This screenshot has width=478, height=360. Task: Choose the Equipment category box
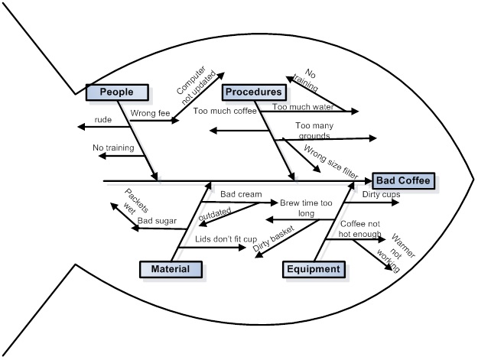click(x=314, y=269)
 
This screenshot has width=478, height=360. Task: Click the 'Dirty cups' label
click(x=381, y=194)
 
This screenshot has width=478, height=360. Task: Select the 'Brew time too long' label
click(x=306, y=209)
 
